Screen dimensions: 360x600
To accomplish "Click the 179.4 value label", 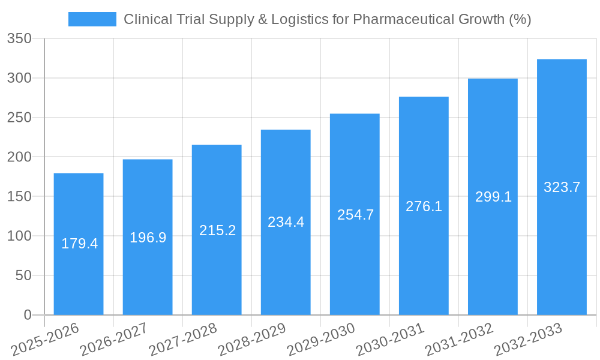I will point(79,244).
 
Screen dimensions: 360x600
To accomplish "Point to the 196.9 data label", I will point(148,238).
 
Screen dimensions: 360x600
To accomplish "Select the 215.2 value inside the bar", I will point(217,230).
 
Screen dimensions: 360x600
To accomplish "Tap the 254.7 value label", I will point(355,215).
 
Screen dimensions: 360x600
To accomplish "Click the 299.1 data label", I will point(493,197).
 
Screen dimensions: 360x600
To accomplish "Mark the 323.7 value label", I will point(562,187).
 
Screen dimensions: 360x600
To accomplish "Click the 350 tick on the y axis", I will point(19,39).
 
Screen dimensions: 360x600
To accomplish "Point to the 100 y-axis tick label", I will point(19,236).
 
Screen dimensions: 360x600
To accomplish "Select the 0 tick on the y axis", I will point(27,315).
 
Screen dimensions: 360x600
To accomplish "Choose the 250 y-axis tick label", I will point(19,118).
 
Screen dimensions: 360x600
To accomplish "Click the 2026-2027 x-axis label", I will point(113,340).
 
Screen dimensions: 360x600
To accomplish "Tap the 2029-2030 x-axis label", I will point(321,340).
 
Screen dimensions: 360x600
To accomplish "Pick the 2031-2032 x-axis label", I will point(459,340).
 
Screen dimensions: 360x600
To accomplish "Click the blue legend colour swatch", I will point(92,19).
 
